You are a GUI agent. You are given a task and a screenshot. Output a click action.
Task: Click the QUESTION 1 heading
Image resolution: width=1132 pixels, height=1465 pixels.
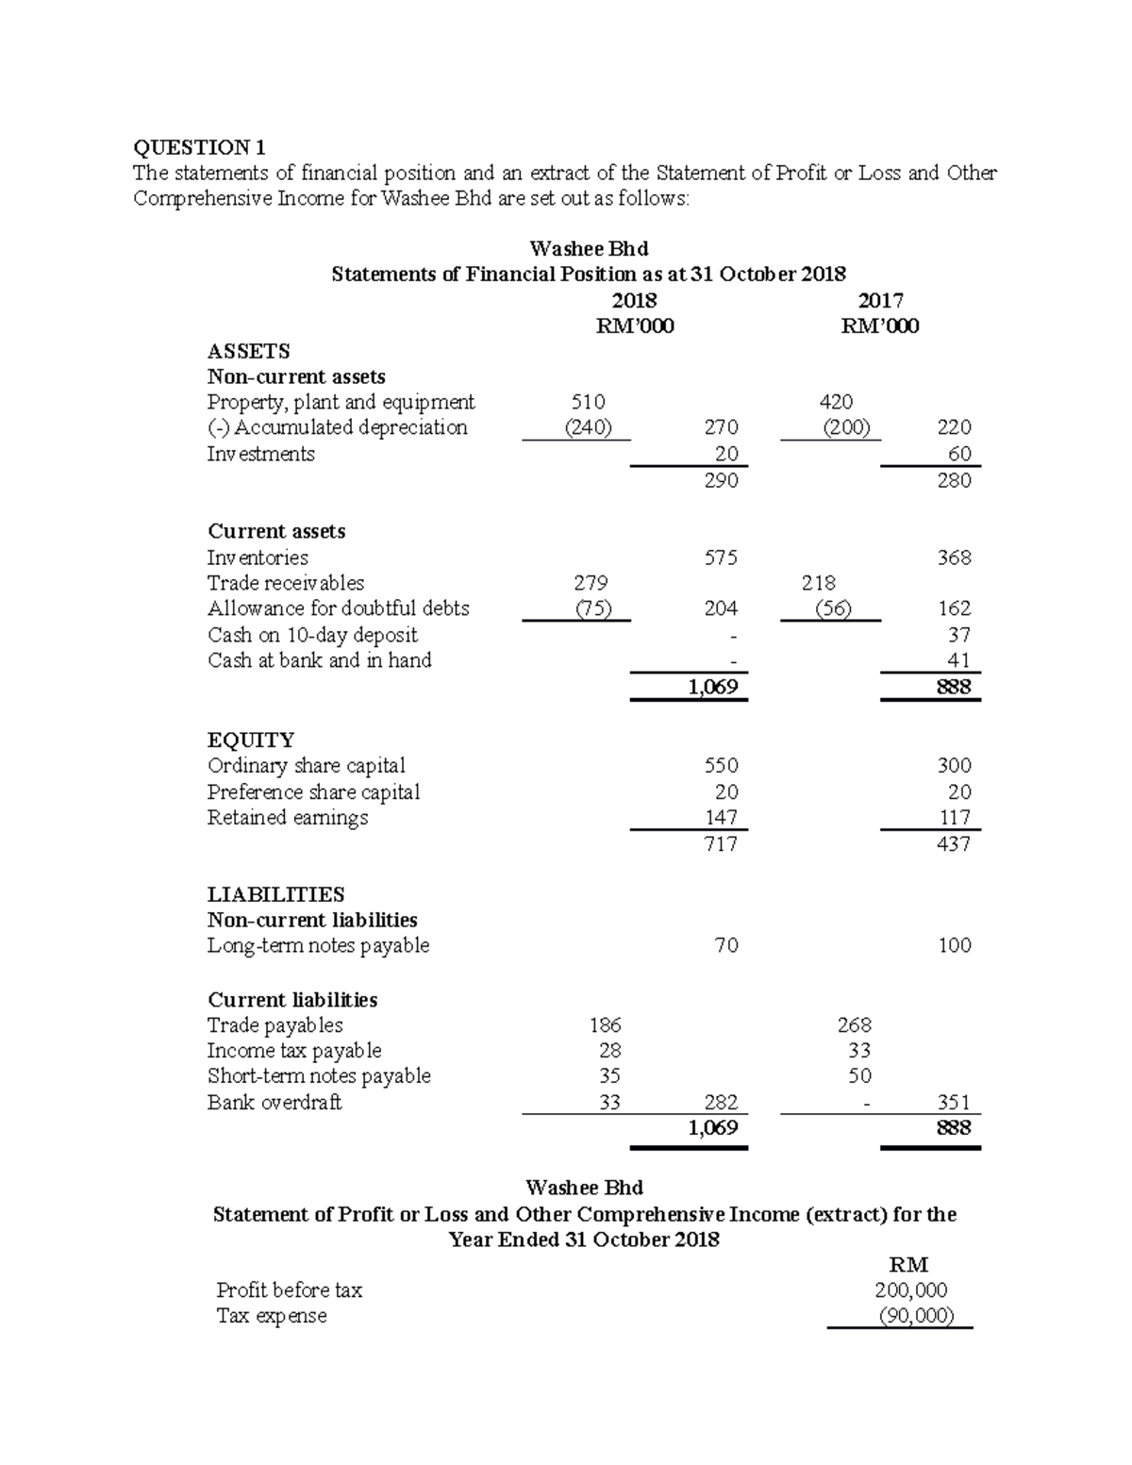coord(199,147)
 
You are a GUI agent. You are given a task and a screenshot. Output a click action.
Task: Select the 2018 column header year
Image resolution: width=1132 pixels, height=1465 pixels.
coord(634,301)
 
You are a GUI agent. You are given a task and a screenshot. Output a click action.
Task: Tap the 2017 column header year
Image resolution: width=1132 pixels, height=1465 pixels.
coord(881,301)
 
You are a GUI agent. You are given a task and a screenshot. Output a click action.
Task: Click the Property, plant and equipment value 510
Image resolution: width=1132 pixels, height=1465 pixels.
coord(589,402)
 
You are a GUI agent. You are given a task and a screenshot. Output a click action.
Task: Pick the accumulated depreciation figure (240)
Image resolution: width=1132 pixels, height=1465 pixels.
coord(588,427)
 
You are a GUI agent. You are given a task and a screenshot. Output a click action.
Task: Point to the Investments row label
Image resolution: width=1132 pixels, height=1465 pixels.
coord(261,454)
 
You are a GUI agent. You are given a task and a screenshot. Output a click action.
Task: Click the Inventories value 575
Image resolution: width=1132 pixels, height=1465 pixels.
coord(721,558)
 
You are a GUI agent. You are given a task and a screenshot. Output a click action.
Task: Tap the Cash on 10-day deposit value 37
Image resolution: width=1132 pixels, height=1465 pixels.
coord(959,635)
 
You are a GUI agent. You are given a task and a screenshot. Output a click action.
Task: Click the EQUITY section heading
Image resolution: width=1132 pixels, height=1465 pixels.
coord(251,740)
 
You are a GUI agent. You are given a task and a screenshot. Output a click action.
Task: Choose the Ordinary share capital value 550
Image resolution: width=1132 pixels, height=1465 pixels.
coord(721,765)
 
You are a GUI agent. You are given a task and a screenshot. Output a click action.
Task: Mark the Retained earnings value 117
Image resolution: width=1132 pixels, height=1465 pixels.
coord(955,817)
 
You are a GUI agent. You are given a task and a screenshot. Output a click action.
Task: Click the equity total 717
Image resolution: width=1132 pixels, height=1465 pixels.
coord(721,843)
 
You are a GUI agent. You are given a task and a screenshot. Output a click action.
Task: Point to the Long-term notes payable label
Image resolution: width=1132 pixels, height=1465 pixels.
coord(319,945)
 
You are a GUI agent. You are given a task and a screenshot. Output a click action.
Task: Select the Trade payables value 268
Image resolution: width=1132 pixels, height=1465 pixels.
coord(854,1025)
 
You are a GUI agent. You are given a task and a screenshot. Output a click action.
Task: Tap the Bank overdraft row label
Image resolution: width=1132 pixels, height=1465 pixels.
coord(275,1102)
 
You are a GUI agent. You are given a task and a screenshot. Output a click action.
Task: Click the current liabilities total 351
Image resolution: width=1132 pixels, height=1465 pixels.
coord(954,1102)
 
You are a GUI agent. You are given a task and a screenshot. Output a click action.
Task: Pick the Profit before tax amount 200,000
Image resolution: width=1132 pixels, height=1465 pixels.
coord(910,1290)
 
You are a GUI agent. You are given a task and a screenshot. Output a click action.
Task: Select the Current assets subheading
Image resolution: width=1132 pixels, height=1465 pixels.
coord(276,531)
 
